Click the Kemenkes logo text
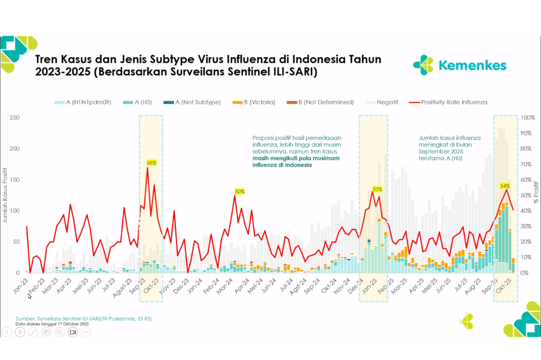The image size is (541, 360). coord(472,65)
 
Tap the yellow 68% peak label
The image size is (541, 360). coord(151,163)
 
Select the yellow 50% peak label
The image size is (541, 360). coord(240,191)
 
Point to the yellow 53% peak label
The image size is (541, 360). coord(377,189)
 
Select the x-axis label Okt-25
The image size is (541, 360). coord(505,285)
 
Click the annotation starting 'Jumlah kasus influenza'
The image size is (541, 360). coord(450,138)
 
